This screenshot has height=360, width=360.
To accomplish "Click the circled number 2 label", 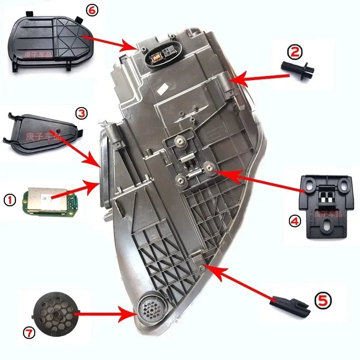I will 295,53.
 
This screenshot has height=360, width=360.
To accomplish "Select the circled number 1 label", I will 10,198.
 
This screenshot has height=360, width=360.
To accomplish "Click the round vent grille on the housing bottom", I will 148,310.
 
